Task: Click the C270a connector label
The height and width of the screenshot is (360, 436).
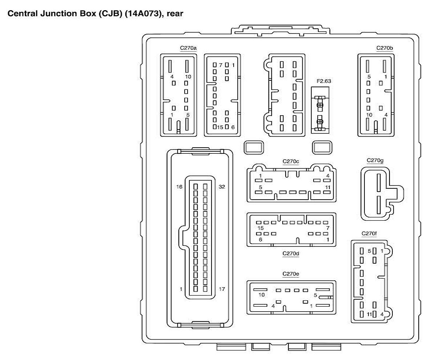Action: coord(188,48)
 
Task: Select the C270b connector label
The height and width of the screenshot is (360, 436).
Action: coord(385,48)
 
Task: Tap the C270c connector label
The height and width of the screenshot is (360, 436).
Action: coord(291,161)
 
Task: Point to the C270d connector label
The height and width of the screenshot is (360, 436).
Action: coord(291,253)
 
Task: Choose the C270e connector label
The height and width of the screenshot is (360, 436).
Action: coord(291,274)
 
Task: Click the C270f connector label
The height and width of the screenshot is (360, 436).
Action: coord(369,233)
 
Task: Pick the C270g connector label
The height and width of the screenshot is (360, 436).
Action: coord(375,160)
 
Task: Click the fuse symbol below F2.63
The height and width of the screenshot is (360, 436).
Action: coord(320,113)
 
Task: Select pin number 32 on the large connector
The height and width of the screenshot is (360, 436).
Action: coord(222,187)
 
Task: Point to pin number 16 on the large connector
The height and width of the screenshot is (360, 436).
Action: coord(179,187)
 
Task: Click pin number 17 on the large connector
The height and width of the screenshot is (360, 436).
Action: coord(222,289)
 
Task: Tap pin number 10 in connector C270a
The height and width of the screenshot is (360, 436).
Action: coord(188,77)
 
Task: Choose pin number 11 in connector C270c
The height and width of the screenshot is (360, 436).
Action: coord(327,187)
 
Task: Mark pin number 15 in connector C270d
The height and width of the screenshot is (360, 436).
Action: coord(260,228)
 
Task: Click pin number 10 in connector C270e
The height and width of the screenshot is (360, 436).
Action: coord(262,295)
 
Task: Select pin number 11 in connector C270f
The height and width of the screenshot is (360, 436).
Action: coord(369,314)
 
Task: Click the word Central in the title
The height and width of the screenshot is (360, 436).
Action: coord(20,14)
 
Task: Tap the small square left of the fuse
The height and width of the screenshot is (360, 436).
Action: coord(253,147)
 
